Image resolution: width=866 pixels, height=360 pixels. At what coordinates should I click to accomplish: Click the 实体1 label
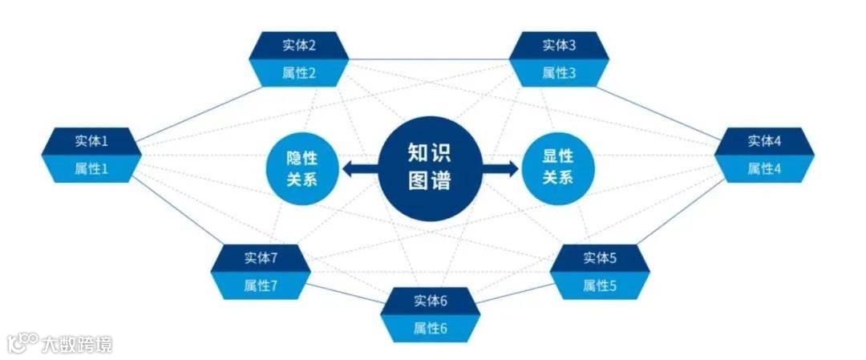coord(91,141)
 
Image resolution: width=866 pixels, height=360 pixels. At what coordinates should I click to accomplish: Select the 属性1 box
coord(91,169)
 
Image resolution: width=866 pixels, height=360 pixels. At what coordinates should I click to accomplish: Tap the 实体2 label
coord(299,46)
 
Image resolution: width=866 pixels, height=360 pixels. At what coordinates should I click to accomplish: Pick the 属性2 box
coord(299,74)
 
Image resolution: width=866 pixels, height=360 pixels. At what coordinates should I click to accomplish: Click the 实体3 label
coord(559,46)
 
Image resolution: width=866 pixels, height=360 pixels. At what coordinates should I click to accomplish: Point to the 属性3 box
coord(559,74)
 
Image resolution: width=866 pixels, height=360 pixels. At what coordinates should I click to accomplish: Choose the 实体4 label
coord(765,141)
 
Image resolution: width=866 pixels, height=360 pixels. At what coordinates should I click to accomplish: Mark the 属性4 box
coord(765,169)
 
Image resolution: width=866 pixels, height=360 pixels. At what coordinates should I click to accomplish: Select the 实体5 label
coord(600,257)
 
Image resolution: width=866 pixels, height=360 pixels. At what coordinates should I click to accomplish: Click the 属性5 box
coord(600,285)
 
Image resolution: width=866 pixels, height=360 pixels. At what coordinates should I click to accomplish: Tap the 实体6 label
coord(431,301)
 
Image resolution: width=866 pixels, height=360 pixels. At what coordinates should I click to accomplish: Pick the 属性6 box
coord(431,328)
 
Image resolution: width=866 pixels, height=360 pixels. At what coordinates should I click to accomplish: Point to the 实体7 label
coord(261,257)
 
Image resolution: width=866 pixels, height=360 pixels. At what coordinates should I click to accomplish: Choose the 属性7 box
coord(261,285)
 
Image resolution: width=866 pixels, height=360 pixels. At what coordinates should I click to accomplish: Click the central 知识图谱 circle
coord(430,167)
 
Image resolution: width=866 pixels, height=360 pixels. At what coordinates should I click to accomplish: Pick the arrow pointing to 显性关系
coord(501,168)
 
